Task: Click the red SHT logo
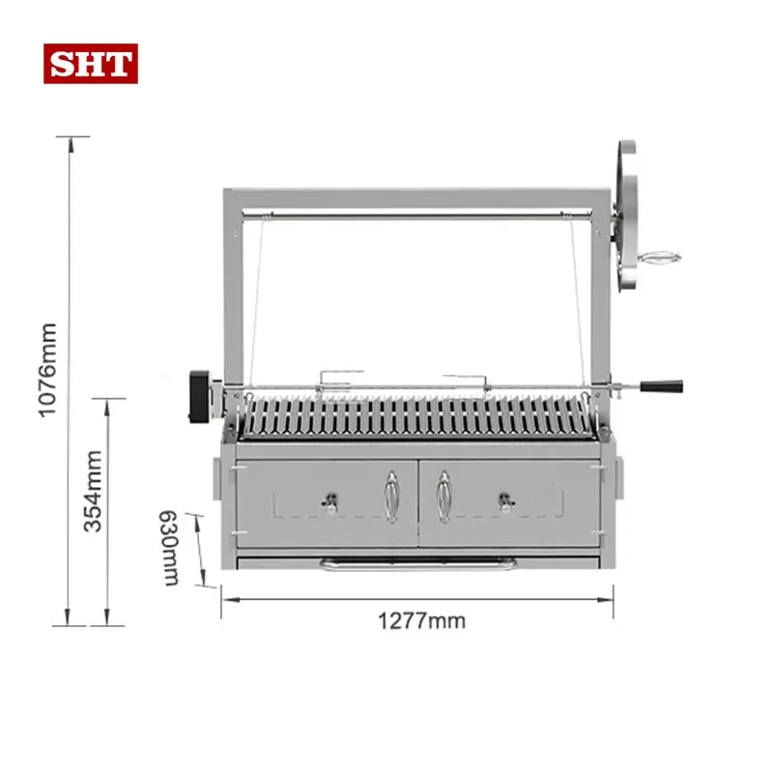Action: (91, 64)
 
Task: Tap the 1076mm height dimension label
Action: (47, 370)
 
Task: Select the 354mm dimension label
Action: (93, 491)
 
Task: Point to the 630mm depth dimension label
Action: (170, 548)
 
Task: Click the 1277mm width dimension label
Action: (421, 620)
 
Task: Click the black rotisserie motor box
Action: (200, 397)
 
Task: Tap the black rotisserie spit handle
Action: (662, 386)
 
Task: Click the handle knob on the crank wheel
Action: (659, 258)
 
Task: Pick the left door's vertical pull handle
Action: (392, 497)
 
